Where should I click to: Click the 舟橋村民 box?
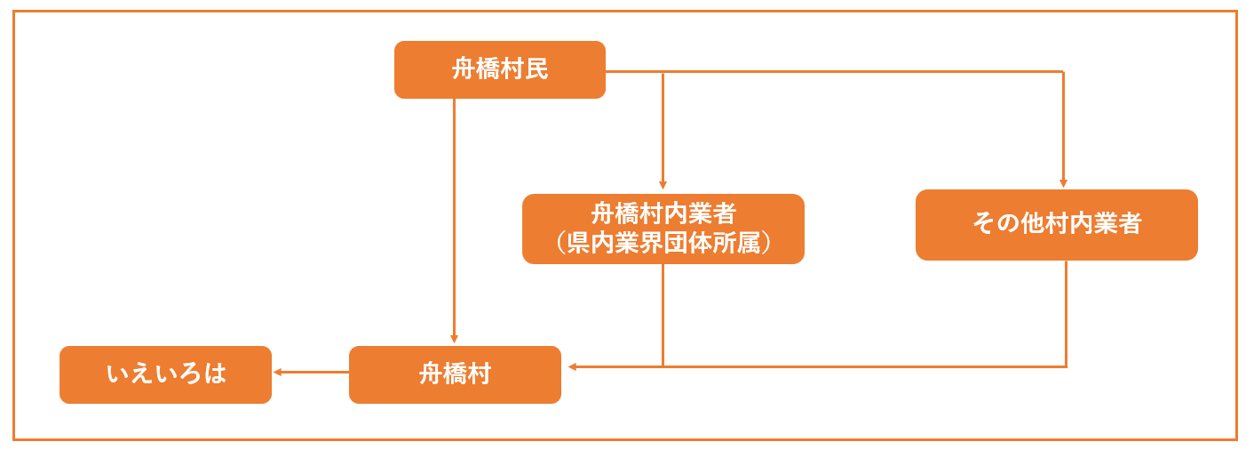tap(499, 69)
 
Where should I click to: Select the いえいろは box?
tap(165, 374)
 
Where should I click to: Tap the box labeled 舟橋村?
tap(455, 374)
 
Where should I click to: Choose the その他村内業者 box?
tap(1056, 224)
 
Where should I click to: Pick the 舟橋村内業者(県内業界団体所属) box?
tap(663, 229)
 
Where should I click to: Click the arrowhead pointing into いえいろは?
tap(277, 373)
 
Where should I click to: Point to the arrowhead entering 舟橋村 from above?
tap(454, 339)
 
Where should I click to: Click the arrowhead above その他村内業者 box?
tap(1063, 183)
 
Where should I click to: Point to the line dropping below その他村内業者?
tap(1066, 311)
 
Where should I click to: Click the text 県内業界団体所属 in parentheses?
tap(663, 243)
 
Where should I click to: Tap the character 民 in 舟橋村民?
tap(537, 69)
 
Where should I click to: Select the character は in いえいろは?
tap(215, 374)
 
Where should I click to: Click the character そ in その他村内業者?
tap(983, 224)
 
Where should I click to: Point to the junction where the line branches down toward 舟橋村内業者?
tap(663, 71)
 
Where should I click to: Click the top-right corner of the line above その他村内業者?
tap(1063, 71)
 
